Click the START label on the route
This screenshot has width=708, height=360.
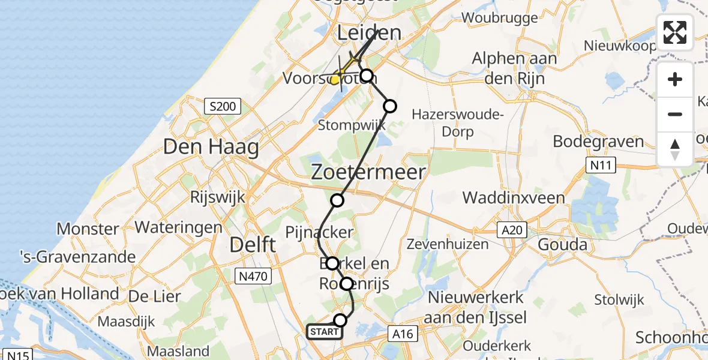point(325,332)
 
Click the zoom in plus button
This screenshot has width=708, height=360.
point(675,79)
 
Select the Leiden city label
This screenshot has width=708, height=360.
point(369,33)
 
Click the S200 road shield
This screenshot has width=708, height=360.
point(222,107)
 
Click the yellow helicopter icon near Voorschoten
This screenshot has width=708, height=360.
point(338,77)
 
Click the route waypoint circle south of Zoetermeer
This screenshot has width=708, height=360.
point(338,200)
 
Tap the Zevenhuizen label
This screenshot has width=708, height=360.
point(445,245)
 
